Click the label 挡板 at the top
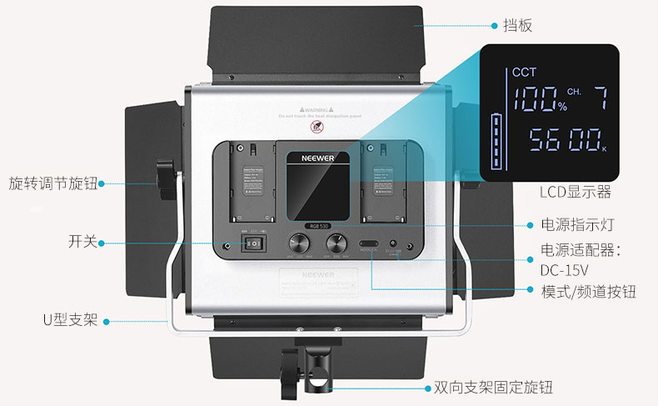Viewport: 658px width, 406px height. tap(516, 25)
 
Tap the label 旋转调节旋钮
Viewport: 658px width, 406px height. tap(53, 183)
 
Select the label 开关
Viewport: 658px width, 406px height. tap(82, 243)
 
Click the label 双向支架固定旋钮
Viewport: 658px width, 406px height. tap(493, 388)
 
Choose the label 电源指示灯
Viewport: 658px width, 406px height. tap(578, 225)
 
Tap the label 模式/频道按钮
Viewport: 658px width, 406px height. tap(588, 291)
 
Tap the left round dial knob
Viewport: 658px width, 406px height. tap(300, 243)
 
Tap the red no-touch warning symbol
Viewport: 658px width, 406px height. tap(317, 128)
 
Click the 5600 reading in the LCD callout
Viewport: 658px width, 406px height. tap(558, 139)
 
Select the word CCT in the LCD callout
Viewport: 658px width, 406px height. tap(525, 73)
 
